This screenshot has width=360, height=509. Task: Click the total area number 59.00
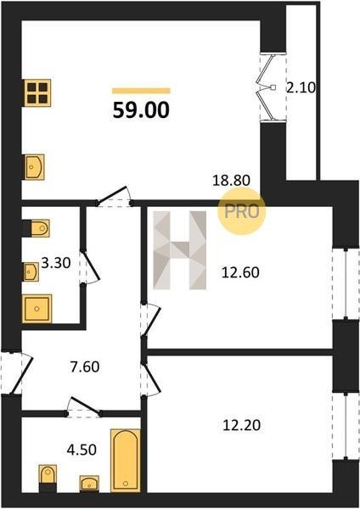pyautogui.click(x=141, y=109)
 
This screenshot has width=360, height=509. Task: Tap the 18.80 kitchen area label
pyautogui.click(x=231, y=180)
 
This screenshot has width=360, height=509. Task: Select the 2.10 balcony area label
pyautogui.click(x=301, y=87)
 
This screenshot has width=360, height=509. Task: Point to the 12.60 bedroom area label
pyautogui.click(x=240, y=272)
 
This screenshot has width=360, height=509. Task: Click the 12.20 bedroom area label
pyautogui.click(x=242, y=425)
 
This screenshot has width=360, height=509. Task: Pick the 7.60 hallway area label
pyautogui.click(x=85, y=366)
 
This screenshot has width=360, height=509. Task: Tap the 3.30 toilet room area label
pyautogui.click(x=56, y=263)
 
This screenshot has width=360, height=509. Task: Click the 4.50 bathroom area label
pyautogui.click(x=82, y=450)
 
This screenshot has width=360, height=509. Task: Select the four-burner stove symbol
pyautogui.click(x=38, y=92)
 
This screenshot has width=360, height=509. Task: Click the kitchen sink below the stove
pyautogui.click(x=34, y=167)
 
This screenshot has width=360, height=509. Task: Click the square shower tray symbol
pyautogui.click(x=37, y=309)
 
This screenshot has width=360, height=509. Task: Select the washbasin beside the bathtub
pyautogui.click(x=89, y=484)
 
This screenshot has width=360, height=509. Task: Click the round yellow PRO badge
pyautogui.click(x=242, y=211)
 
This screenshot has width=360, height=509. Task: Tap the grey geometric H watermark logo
pyautogui.click(x=180, y=250)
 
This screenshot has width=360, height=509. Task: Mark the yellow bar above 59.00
pyautogui.click(x=141, y=91)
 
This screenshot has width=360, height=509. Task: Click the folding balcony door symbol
pyautogui.click(x=267, y=87)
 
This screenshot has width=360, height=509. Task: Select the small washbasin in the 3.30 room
pyautogui.click(x=31, y=271)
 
